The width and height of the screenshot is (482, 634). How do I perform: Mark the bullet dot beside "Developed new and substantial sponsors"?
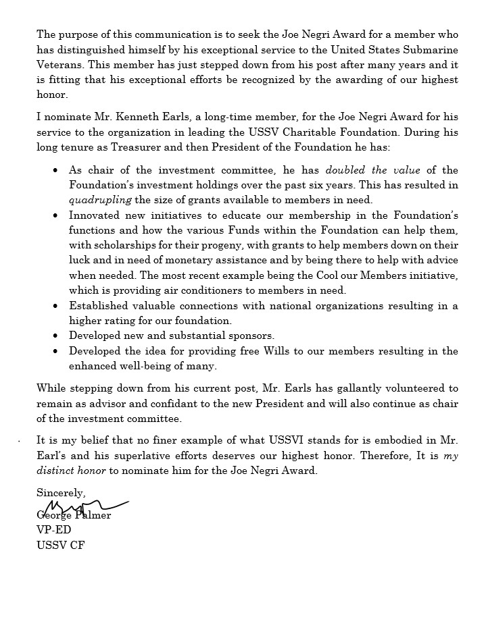(55, 336)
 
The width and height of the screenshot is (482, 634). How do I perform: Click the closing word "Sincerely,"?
(61, 493)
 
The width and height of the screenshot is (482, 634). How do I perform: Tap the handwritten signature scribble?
(85, 506)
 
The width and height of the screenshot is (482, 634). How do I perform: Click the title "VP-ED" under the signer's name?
(53, 530)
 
